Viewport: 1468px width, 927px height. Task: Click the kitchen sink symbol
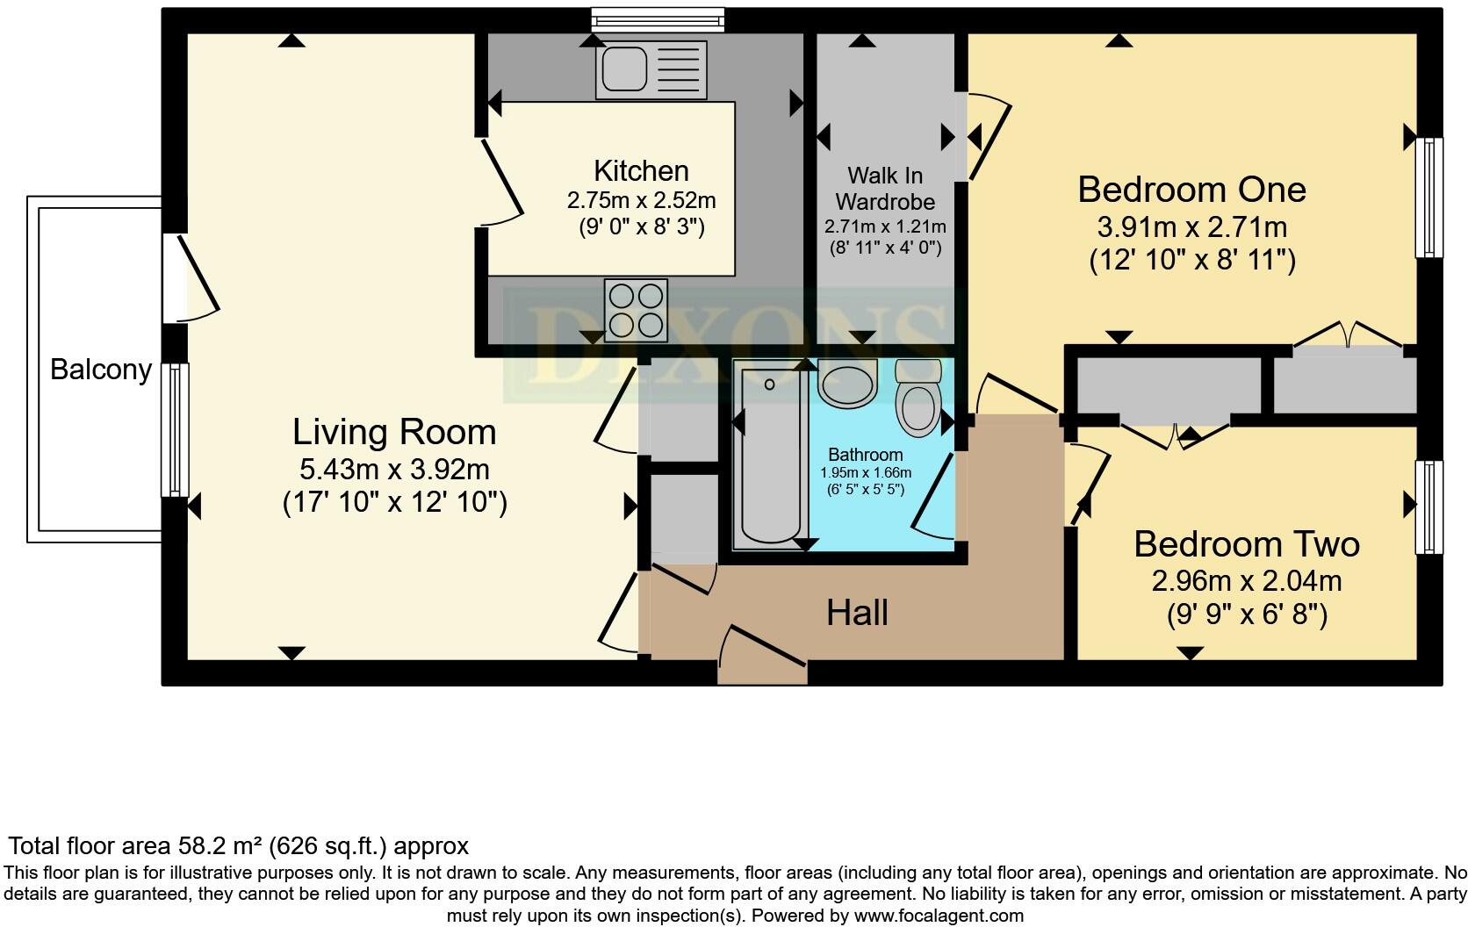pos(651,69)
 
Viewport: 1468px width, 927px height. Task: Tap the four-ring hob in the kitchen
pos(636,310)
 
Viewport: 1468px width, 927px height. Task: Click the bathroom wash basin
pos(847,384)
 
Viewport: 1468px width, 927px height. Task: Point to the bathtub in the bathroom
pos(770,456)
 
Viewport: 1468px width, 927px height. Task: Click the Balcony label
pos(101,370)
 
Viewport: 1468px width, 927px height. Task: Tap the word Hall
pos(857,613)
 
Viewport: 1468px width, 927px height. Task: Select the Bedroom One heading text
pos(1191,190)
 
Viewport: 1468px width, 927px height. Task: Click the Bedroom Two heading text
pos(1246,544)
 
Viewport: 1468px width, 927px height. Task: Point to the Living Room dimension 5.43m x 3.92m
pos(394,470)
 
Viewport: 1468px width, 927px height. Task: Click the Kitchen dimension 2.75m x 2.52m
pos(641,200)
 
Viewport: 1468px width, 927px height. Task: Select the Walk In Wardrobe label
pos(885,189)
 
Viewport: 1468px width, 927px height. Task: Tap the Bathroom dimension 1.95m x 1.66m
pos(866,472)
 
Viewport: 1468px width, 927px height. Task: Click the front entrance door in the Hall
pos(762,656)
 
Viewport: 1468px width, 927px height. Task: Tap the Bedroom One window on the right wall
pos(1430,198)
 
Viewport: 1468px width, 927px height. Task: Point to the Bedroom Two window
pos(1430,507)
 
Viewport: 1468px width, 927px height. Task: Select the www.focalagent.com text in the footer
pos(938,916)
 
